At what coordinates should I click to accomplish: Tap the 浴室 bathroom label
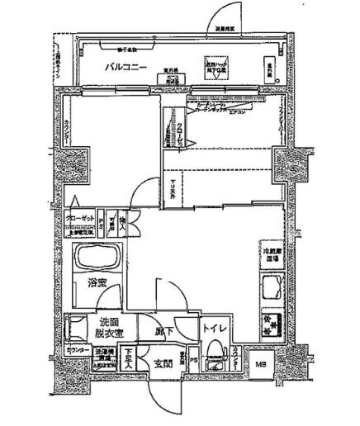[98, 283]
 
